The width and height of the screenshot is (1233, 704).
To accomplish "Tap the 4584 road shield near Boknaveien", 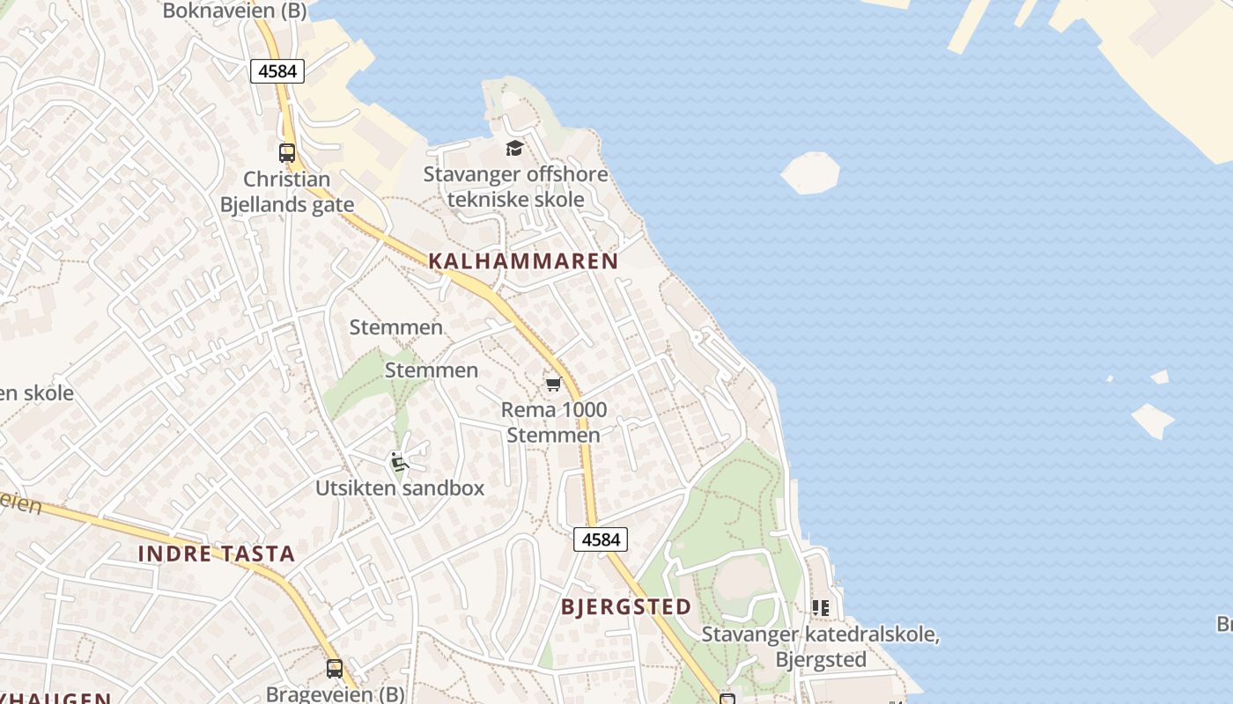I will pyautogui.click(x=277, y=71).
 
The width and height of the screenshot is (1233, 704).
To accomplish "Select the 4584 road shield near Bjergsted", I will pyautogui.click(x=601, y=539).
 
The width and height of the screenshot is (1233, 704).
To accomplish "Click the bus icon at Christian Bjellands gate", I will pyautogui.click(x=287, y=152).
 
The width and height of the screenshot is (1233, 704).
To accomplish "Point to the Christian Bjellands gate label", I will pyautogui.click(x=286, y=192).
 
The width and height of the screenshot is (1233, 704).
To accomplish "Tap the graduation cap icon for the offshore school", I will pyautogui.click(x=514, y=148).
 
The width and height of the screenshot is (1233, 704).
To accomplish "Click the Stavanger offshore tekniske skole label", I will pyautogui.click(x=515, y=187).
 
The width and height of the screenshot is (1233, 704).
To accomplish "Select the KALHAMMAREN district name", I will pyautogui.click(x=523, y=261).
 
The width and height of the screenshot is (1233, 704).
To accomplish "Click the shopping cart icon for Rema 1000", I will pyautogui.click(x=553, y=384).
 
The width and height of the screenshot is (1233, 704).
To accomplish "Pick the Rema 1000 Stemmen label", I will pyautogui.click(x=554, y=422).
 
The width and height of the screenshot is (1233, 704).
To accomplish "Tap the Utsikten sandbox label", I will pyautogui.click(x=400, y=488).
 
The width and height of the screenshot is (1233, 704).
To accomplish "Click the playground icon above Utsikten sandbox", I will pyautogui.click(x=398, y=461).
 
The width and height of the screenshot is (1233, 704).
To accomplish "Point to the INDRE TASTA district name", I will pyautogui.click(x=217, y=554).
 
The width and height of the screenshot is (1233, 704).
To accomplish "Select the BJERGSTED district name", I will pyautogui.click(x=626, y=607).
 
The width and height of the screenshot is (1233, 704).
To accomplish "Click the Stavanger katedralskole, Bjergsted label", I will pyautogui.click(x=820, y=647).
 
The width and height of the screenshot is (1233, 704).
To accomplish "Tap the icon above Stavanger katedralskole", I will pyautogui.click(x=821, y=607).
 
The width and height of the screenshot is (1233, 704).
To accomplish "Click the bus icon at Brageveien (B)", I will pyautogui.click(x=335, y=669).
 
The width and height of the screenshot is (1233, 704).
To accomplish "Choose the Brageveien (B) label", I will pyautogui.click(x=336, y=694).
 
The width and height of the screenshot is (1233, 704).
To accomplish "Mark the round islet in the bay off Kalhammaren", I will pyautogui.click(x=810, y=172).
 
